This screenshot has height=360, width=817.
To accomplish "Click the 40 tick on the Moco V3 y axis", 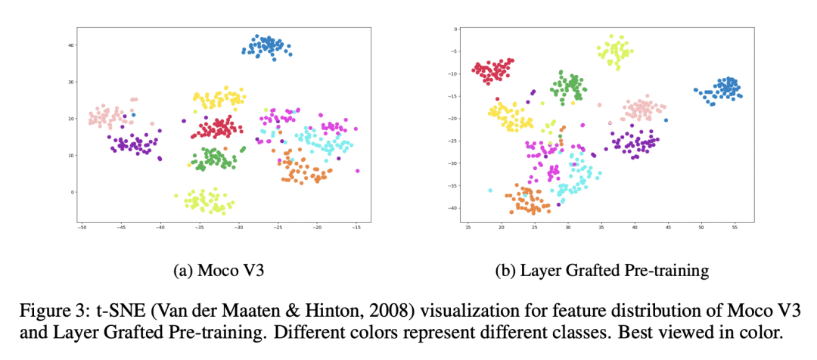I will [70, 45].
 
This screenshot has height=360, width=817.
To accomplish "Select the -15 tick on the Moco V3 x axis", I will [357, 227].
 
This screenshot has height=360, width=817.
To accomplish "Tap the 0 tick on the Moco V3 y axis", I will [72, 192].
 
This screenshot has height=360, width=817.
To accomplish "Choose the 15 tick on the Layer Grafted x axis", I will [468, 227].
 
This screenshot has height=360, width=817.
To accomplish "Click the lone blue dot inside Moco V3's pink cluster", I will [134, 115].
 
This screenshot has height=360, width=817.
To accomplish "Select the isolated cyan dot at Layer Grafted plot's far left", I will [490, 191].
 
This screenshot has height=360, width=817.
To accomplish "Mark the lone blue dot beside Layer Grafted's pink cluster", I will [666, 120].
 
